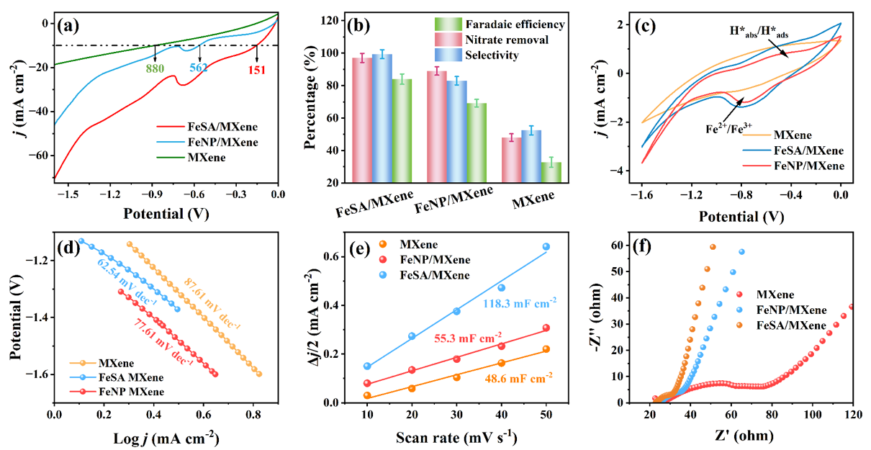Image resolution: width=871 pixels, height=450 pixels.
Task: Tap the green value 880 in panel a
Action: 155,70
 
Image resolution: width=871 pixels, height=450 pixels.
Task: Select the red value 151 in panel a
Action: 257,70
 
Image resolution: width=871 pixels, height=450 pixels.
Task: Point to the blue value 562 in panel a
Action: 201,68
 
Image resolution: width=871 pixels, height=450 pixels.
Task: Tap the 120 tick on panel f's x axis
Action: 852,415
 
